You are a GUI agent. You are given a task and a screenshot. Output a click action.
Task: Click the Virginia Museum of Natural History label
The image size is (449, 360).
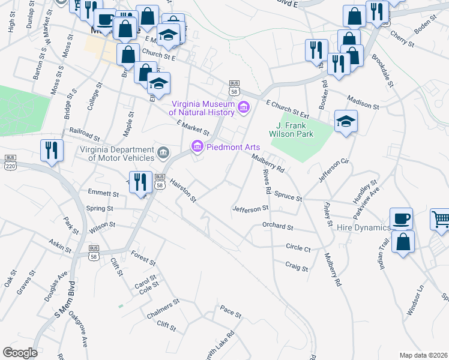point(201,107)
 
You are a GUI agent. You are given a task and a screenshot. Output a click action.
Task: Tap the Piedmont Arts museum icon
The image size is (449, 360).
point(196,146)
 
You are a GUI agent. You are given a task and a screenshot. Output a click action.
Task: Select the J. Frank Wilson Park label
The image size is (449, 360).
point(295,130)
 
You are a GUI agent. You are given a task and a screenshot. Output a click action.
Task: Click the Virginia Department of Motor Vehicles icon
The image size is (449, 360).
point(163,154)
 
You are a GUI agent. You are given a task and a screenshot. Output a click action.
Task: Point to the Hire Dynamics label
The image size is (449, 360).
point(363,227)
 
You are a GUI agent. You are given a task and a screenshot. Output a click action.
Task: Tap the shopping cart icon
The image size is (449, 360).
point(441,220)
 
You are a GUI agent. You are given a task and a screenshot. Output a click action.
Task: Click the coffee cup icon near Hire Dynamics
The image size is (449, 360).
point(401,218)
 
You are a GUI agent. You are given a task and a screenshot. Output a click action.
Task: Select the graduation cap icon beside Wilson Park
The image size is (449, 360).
point(346,121)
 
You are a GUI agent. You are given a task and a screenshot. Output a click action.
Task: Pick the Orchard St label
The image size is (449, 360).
point(277,227)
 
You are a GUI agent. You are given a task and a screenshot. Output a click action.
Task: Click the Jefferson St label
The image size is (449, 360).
point(250,209)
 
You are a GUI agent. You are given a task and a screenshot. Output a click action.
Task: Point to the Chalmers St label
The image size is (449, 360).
point(163,309)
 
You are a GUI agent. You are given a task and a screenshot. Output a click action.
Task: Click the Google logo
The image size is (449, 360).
point(20,353)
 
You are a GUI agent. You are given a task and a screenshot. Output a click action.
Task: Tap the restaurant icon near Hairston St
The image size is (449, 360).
point(140,183)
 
